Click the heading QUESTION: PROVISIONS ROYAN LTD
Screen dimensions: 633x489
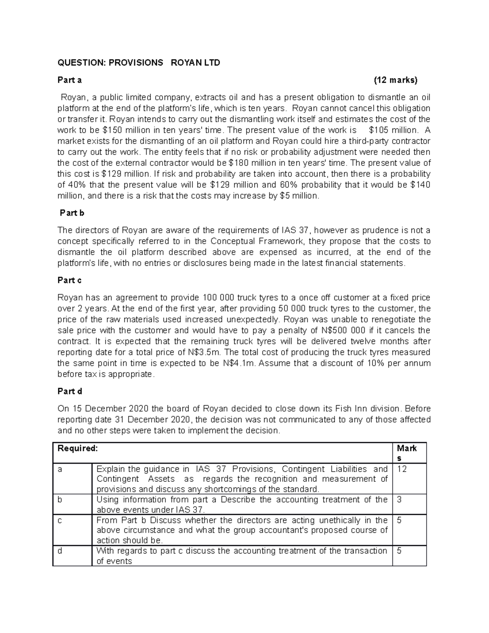tap(139, 63)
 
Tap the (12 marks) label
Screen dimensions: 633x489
tap(396, 80)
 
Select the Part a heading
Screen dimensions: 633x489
tap(70, 80)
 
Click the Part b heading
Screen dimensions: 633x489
tap(72, 213)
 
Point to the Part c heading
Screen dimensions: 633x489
tap(70, 280)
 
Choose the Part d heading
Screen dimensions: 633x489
tap(70, 391)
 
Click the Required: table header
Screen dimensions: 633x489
tap(78, 448)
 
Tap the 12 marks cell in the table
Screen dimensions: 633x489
tap(402, 469)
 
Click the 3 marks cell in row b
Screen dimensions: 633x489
tap(399, 500)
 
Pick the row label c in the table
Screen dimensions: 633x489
tap(60, 521)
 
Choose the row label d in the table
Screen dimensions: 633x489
tap(60, 551)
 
